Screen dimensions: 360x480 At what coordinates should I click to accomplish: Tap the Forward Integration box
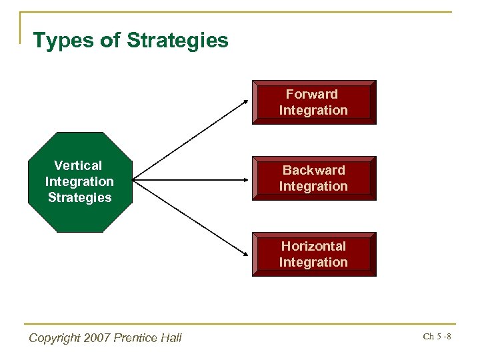pos(313,102)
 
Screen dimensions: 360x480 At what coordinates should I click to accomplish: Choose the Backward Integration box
pos(313,178)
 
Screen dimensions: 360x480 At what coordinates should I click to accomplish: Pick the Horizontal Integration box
pos(313,254)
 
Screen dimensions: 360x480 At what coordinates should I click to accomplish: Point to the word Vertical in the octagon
pos(79,165)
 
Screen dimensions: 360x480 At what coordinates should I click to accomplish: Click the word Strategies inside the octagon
pos(79,197)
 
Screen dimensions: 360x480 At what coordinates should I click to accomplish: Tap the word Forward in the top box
pos(312,94)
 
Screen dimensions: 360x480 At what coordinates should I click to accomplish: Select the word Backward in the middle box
pos(313,170)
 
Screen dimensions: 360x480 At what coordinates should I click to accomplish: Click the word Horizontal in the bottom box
pos(313,246)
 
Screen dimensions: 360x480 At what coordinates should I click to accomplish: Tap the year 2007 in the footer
pos(96,338)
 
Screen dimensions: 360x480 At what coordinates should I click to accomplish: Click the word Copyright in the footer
pos(54,338)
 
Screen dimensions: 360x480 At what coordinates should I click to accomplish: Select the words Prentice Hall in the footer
pos(147,338)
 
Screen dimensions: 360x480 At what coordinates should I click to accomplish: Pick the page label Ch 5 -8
pos(437,337)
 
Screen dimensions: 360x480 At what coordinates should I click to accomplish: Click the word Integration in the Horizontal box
pos(313,262)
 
